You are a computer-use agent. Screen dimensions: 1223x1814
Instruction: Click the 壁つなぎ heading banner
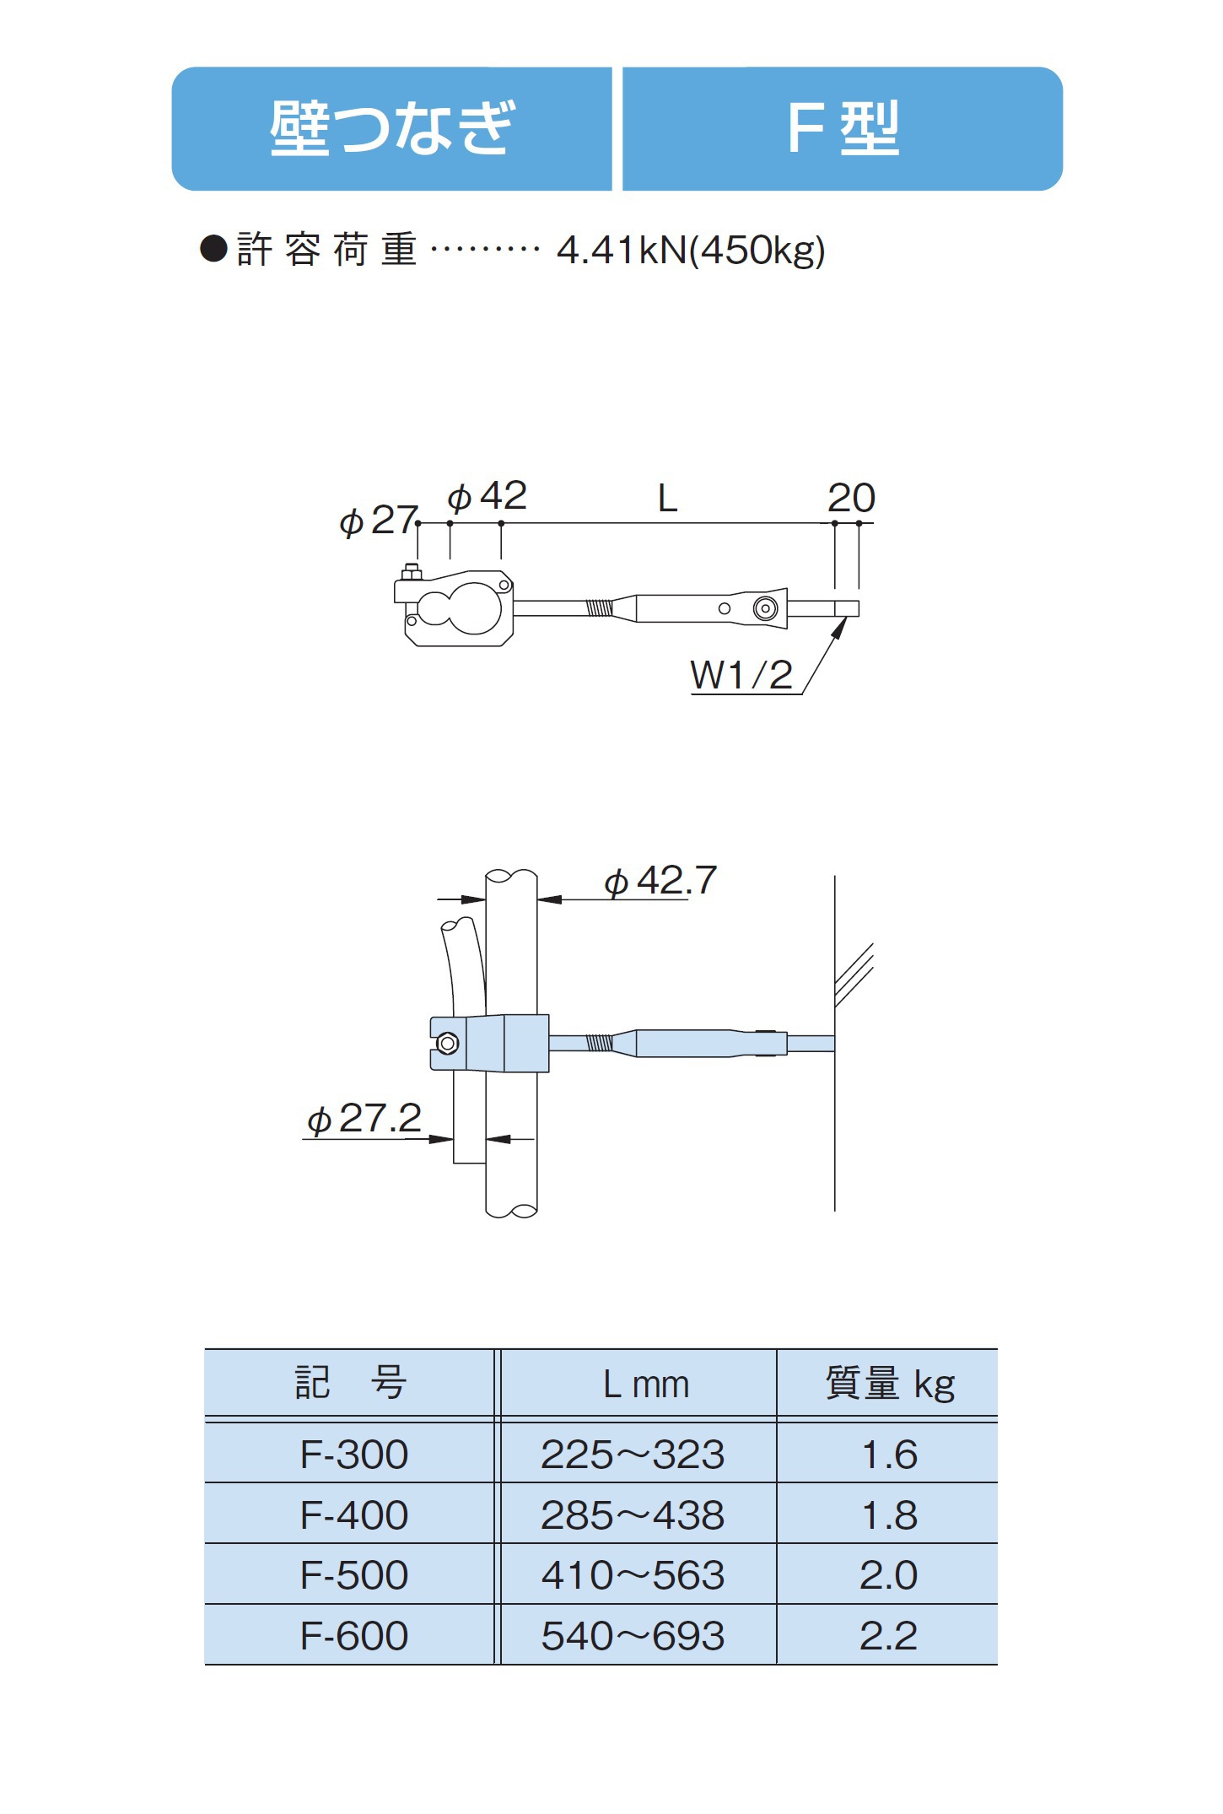coord(391,128)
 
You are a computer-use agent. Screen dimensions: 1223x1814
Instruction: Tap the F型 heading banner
coord(843,128)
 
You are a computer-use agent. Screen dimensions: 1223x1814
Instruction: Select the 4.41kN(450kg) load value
coord(691,251)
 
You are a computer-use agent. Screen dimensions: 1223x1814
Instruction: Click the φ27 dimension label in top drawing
coord(378,521)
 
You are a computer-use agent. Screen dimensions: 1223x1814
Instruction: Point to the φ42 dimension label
coord(487,496)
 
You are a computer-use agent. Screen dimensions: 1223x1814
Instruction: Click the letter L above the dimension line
coord(667,499)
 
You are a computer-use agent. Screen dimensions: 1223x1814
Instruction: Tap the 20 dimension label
coord(851,498)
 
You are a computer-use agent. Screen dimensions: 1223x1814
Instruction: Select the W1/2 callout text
coord(741,675)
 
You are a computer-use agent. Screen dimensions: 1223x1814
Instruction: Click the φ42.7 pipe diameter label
coord(660,882)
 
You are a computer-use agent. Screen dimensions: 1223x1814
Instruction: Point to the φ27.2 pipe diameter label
coord(364,1120)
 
